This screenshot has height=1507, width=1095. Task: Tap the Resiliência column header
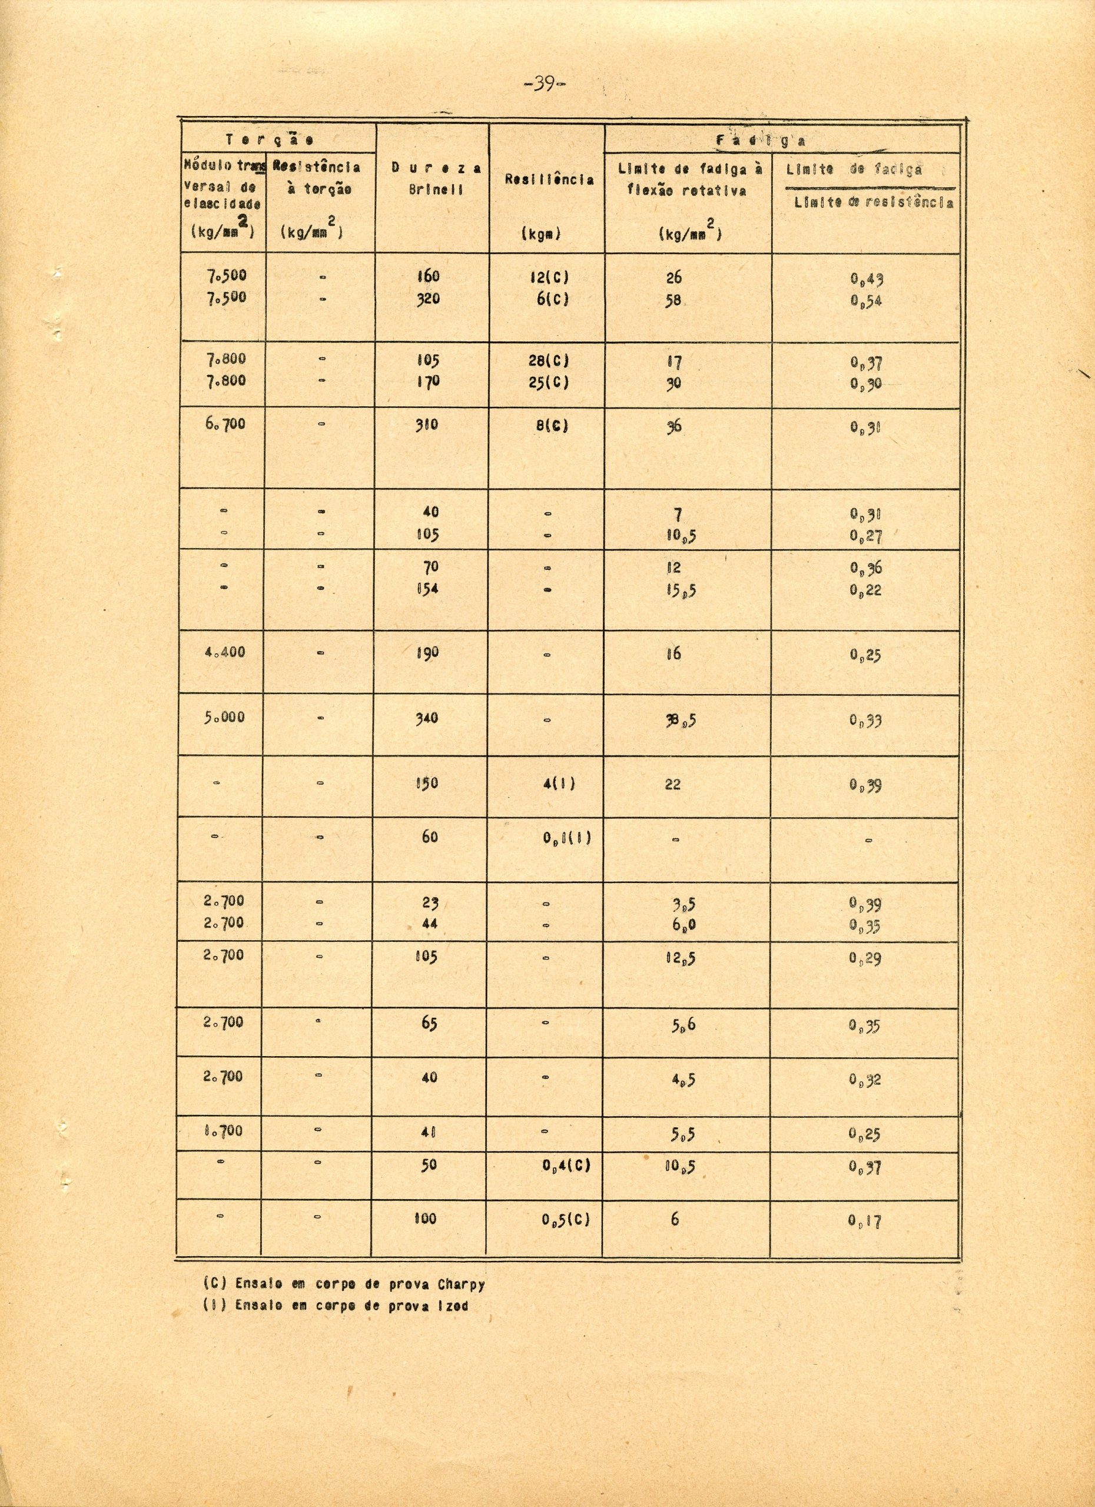click(x=549, y=180)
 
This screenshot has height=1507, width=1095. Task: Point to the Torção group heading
click(x=269, y=140)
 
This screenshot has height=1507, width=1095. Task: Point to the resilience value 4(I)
click(x=558, y=784)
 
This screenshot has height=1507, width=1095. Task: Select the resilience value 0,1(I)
click(x=566, y=837)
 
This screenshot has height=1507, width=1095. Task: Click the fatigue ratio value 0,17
click(x=865, y=1221)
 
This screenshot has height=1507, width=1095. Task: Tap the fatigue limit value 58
click(x=673, y=300)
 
